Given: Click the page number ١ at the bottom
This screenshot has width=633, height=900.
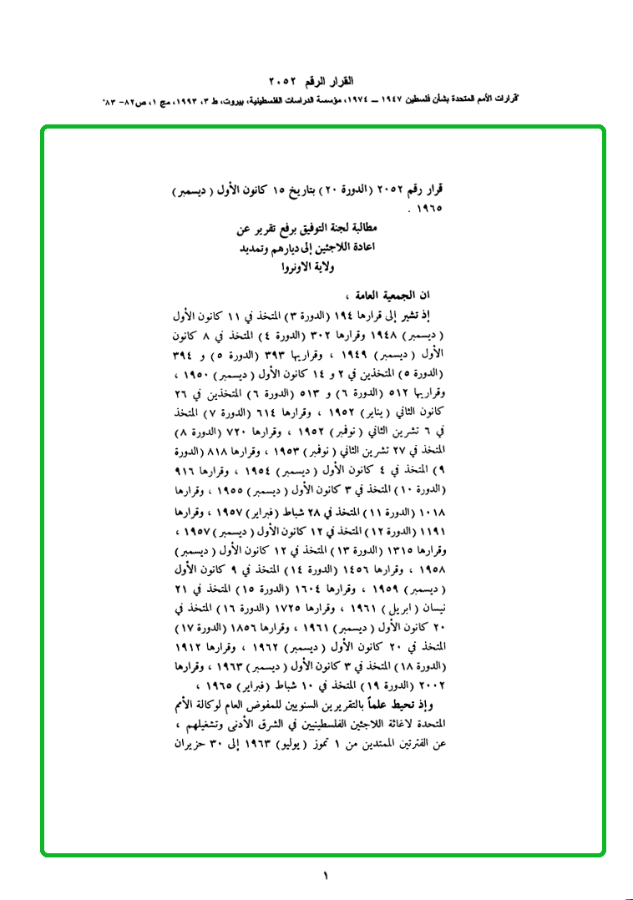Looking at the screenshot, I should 325,876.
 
